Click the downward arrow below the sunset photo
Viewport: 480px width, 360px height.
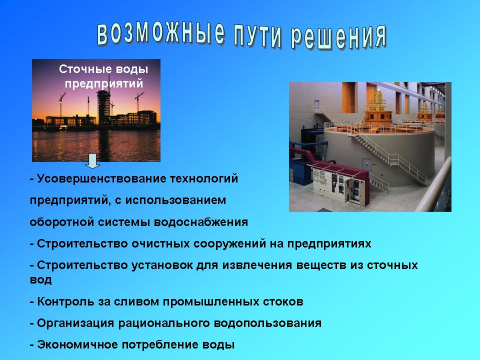pos(92,161)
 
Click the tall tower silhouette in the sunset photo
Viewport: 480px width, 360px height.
pos(103,105)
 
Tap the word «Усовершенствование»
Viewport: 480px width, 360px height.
pos(101,178)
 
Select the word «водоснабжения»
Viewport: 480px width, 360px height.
pos(201,222)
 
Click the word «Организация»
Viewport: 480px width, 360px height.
pos(75,323)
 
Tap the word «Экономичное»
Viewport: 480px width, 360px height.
pos(77,344)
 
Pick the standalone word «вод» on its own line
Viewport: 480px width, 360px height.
pos(40,279)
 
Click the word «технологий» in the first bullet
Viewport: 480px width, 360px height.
pos(204,178)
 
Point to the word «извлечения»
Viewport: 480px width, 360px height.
pos(257,265)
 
